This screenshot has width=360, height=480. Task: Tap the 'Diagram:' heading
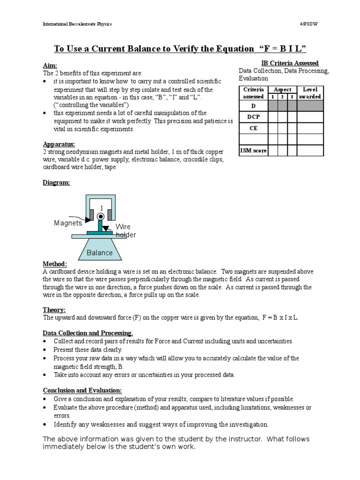point(56,183)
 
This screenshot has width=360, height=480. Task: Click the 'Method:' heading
point(55,264)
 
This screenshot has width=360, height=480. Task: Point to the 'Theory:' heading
point(54,310)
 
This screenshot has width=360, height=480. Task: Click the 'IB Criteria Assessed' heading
point(290,63)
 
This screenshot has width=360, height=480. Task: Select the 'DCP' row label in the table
point(253,117)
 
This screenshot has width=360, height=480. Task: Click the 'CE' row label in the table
point(253,127)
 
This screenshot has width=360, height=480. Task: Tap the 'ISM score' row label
point(253,150)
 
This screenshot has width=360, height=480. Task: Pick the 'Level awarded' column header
point(310,93)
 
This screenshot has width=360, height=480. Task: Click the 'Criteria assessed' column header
point(253,93)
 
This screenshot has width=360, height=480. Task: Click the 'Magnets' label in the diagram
point(68,223)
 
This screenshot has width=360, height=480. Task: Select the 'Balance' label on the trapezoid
point(99,253)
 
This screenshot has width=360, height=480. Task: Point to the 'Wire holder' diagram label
point(125,231)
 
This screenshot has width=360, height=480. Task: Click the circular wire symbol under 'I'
point(100,216)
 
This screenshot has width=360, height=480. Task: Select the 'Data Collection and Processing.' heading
point(88,333)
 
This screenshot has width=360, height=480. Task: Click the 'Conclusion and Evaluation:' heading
point(82,390)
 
